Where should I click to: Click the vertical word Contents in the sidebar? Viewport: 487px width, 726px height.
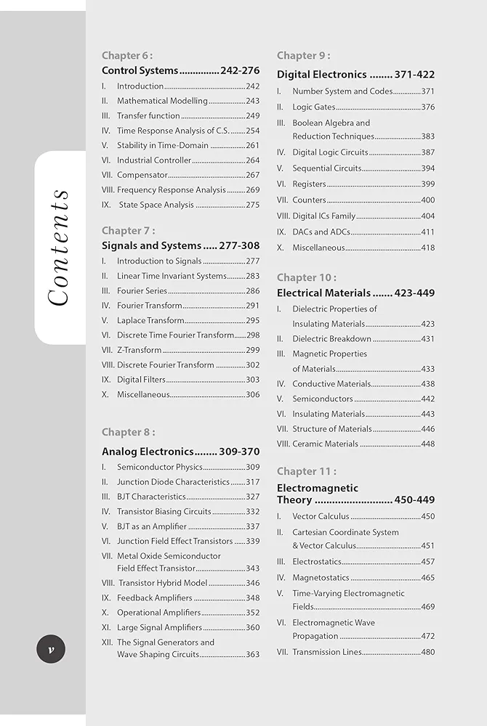click(57, 248)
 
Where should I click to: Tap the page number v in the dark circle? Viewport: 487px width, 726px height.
click(51, 649)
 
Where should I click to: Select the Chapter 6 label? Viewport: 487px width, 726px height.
click(127, 55)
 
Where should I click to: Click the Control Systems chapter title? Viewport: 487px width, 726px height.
click(140, 70)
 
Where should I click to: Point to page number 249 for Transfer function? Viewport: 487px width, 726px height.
click(252, 115)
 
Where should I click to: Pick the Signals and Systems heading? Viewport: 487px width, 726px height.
click(151, 245)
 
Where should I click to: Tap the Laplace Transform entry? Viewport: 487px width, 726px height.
click(150, 320)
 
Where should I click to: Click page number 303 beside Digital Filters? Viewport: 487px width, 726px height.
click(252, 380)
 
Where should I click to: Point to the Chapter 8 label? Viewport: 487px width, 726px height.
click(128, 433)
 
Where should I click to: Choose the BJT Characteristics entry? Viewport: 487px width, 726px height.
click(151, 497)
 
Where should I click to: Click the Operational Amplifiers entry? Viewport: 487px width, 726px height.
click(158, 613)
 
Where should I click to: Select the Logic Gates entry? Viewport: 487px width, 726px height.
click(313, 107)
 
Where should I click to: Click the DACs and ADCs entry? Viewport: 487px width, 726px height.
click(321, 232)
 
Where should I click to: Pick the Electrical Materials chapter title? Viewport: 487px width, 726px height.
click(323, 293)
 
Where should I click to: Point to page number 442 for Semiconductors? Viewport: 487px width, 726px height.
click(427, 399)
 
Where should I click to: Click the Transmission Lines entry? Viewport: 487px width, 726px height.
click(326, 652)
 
